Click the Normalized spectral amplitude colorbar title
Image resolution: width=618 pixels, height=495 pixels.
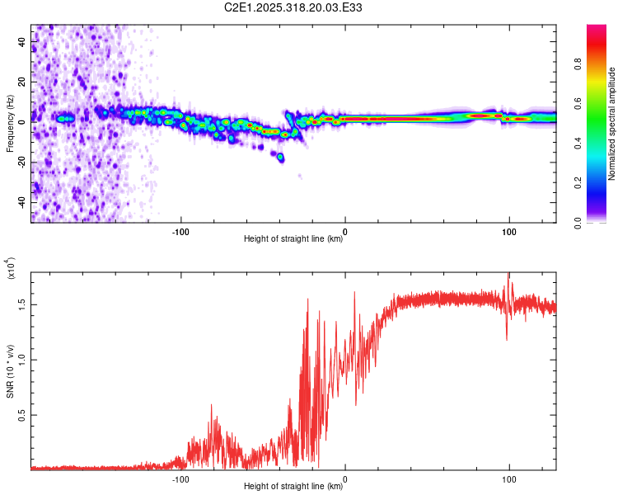[611, 124]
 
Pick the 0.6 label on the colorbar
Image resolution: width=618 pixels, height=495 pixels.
[600, 104]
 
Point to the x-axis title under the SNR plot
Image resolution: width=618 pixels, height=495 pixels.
[293, 487]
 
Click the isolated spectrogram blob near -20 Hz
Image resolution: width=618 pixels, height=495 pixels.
[280, 157]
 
